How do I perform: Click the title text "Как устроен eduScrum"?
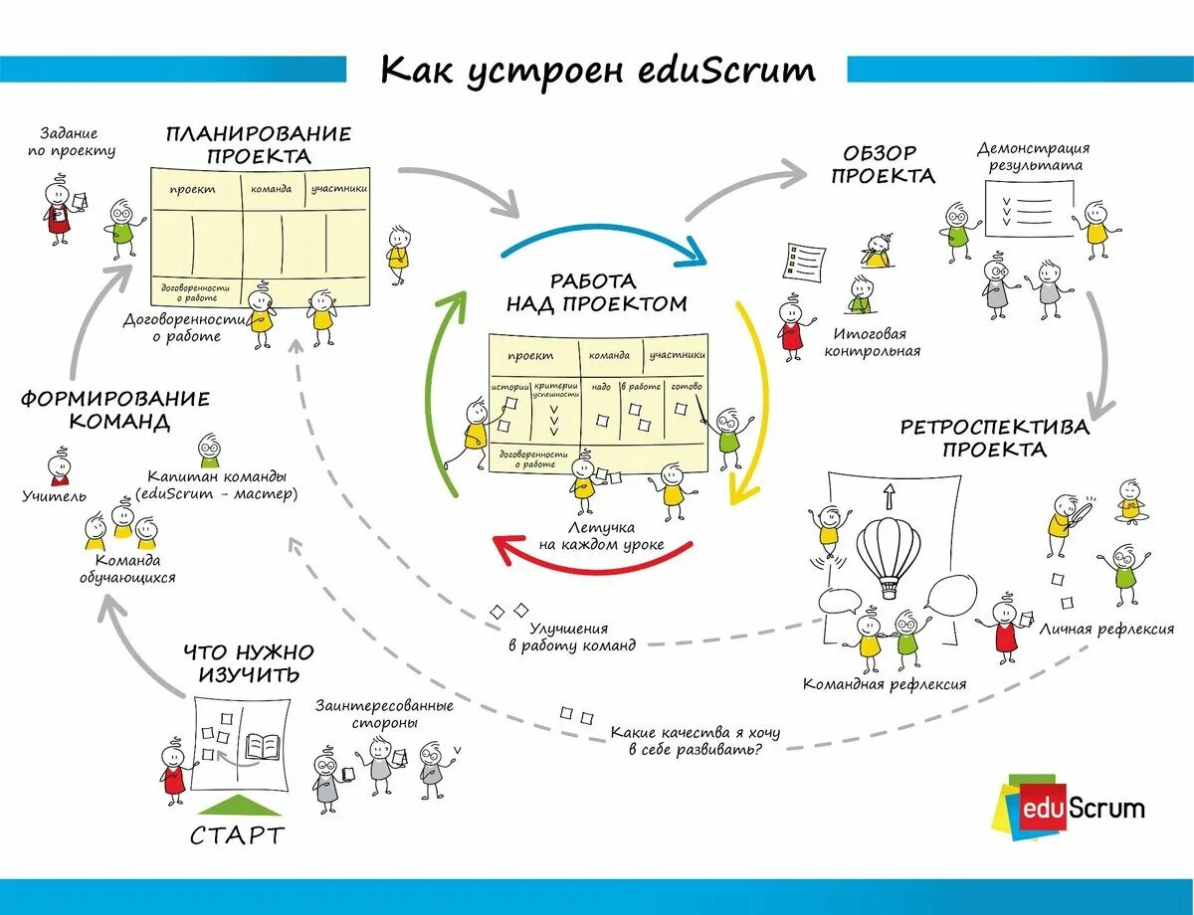pos(598,71)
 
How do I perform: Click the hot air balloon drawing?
pos(889,553)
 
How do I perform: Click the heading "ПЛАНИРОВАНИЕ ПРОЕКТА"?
pos(259,144)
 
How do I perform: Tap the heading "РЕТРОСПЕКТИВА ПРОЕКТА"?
pos(994,438)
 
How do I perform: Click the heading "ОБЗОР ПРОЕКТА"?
pos(882,164)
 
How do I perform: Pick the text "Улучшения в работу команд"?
pos(570,637)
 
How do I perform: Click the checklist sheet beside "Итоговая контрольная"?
pos(804,264)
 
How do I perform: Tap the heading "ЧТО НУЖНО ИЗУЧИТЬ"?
pos(249,663)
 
